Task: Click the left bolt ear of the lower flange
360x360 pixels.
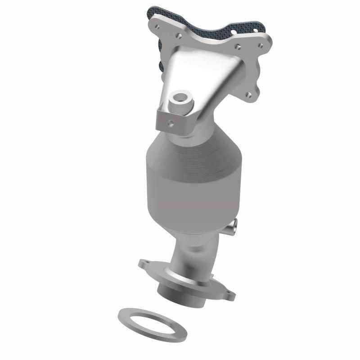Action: pos(144,264)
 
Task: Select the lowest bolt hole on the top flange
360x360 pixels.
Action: pos(247,95)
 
